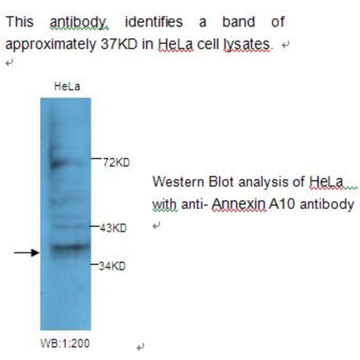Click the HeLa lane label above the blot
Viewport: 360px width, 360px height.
click(x=67, y=87)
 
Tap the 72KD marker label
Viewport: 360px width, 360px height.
click(x=116, y=163)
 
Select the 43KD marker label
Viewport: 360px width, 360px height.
click(x=113, y=228)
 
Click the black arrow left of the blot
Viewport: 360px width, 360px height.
click(x=26, y=253)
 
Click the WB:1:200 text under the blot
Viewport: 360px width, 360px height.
click(x=65, y=344)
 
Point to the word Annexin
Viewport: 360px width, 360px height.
click(x=238, y=204)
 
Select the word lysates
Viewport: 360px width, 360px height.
click(x=247, y=44)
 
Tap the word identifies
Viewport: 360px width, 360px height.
click(x=154, y=22)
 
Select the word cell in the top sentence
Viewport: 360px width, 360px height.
click(x=209, y=44)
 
